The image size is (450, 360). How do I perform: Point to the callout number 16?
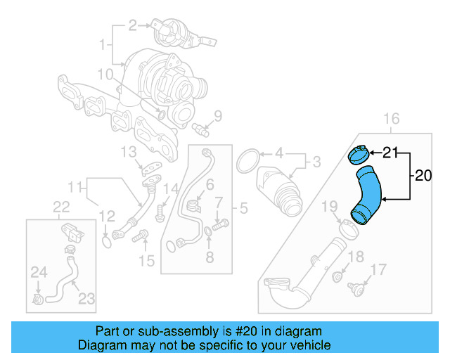point(391,117)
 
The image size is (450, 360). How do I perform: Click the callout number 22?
point(62,206)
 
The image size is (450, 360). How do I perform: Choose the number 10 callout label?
point(105,74)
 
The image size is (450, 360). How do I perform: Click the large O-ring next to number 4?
point(248,160)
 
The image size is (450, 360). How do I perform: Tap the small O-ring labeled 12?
point(106,242)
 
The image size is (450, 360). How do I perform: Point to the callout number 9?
point(217,116)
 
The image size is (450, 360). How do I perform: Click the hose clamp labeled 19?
point(345,227)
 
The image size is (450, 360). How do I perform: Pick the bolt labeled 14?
point(160,209)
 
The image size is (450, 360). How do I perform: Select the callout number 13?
point(127,151)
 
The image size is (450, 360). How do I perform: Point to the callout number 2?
point(132,26)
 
